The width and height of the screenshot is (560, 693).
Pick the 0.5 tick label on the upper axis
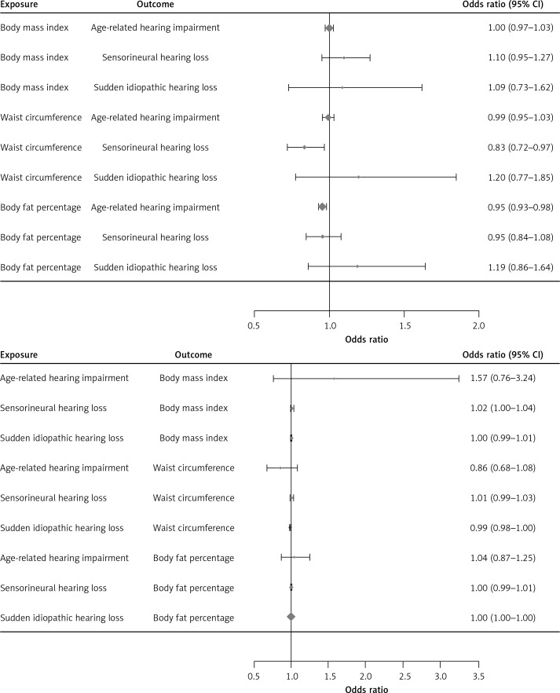click(254, 325)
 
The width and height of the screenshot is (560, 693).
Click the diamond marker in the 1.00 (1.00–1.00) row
click(291, 617)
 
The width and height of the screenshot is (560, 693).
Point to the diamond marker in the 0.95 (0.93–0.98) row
click(322, 207)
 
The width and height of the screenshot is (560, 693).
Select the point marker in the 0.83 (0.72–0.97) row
click(304, 147)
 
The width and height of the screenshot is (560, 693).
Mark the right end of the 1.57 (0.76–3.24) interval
click(459, 378)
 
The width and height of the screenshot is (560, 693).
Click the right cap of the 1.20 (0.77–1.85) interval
click(456, 177)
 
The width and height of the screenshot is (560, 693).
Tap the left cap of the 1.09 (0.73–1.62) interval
click(288, 87)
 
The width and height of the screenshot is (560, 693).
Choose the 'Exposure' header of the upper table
click(18, 5)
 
